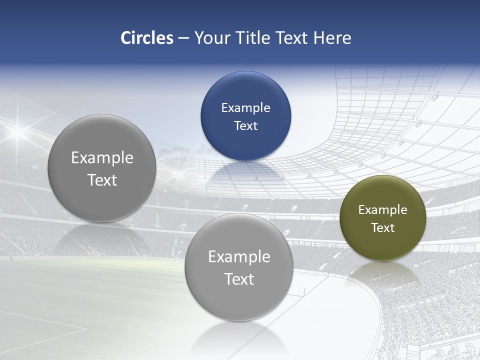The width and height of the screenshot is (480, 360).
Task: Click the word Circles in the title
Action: click(x=147, y=38)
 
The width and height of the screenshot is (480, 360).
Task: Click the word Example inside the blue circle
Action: click(x=245, y=108)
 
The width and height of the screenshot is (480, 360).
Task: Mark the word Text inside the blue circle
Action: click(x=245, y=125)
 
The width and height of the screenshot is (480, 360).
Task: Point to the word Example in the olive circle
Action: click(x=382, y=210)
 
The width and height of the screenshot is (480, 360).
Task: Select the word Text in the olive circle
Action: click(x=382, y=228)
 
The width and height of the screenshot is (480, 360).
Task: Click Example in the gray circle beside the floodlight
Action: click(x=102, y=158)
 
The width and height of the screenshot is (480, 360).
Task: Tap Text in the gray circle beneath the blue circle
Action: click(x=239, y=279)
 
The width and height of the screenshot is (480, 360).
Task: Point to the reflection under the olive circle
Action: click(x=383, y=272)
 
